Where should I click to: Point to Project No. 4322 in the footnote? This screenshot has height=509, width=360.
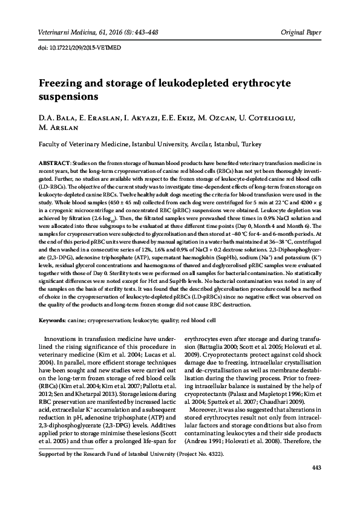(x=196, y=453)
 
